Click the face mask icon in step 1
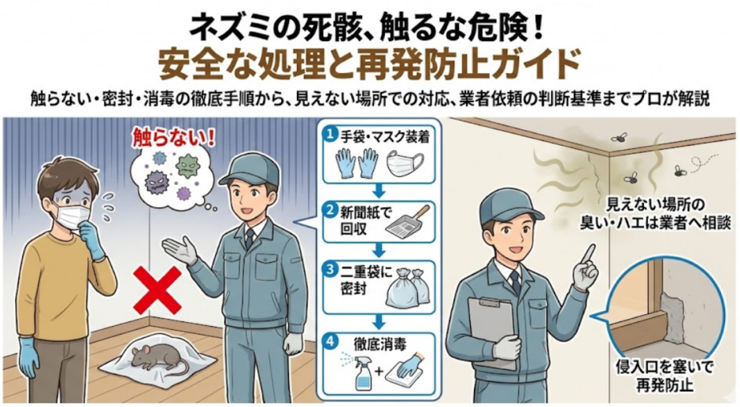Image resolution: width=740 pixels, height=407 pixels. [x=406, y=165]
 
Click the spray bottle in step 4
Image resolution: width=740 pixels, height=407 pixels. [x=363, y=371]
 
